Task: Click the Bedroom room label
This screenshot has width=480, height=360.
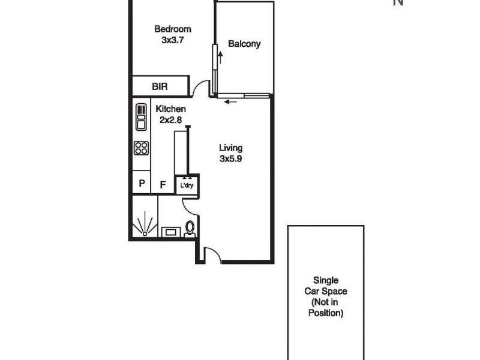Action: (172, 29)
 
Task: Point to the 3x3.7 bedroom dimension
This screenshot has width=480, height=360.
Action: (172, 40)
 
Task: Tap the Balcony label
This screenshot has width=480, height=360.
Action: (244, 44)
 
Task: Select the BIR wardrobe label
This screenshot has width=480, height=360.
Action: (160, 87)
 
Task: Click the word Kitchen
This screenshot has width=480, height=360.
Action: (170, 109)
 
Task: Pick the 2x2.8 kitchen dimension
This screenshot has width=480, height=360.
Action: (170, 119)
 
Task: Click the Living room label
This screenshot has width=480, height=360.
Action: (230, 148)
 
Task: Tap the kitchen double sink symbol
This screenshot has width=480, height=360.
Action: (141, 118)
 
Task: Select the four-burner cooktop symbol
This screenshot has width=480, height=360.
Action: (141, 148)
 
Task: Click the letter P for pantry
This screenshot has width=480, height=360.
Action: (142, 184)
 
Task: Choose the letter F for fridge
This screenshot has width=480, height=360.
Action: (162, 184)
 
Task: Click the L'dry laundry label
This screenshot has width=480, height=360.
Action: (187, 185)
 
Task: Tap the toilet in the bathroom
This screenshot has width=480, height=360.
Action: (190, 229)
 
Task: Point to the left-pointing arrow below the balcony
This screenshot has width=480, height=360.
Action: (229, 101)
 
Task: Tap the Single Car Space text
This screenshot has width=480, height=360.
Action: (326, 286)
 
